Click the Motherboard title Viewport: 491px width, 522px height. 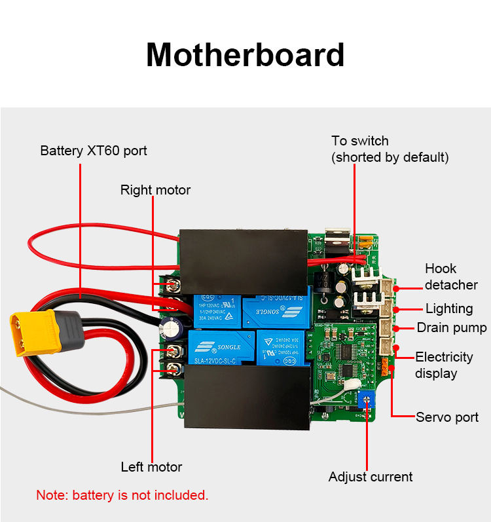(x=245, y=55)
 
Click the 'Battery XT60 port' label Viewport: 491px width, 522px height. (x=94, y=151)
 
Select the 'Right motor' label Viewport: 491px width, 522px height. (x=155, y=190)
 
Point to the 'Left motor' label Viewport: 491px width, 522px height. (x=151, y=467)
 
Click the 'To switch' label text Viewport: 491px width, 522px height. (x=359, y=141)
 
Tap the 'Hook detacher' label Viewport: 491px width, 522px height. (x=451, y=276)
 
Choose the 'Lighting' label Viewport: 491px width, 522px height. (x=449, y=308)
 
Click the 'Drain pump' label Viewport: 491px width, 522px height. (x=452, y=327)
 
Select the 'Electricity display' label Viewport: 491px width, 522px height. (x=444, y=365)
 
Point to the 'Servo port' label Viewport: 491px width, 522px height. (x=447, y=417)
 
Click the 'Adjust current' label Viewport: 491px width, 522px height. (x=371, y=477)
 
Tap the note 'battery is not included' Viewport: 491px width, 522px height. (x=122, y=495)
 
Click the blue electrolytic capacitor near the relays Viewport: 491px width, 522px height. (x=173, y=325)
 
